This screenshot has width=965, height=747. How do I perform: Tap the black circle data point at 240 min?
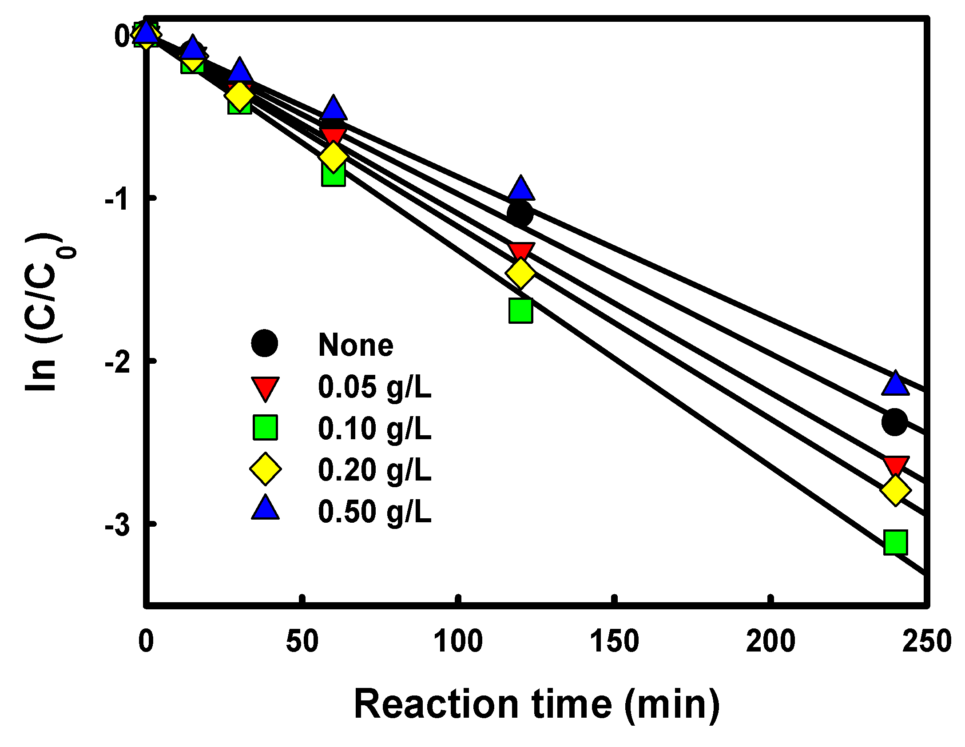[894, 422]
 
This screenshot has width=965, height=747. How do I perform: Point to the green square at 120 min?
[520, 310]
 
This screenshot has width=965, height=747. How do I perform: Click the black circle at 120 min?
[520, 214]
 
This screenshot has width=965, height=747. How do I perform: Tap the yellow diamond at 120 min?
[520, 273]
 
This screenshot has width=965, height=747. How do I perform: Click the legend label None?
[356, 345]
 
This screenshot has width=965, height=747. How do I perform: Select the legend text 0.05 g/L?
[374, 387]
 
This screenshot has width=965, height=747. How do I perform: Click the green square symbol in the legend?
[265, 428]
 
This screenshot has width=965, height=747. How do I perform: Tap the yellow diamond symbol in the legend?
[265, 469]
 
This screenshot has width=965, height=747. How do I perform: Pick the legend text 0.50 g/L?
[374, 512]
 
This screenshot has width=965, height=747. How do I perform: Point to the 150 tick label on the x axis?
[614, 641]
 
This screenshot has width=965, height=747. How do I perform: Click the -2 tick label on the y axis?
[118, 362]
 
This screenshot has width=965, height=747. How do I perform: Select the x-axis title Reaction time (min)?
[536, 705]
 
